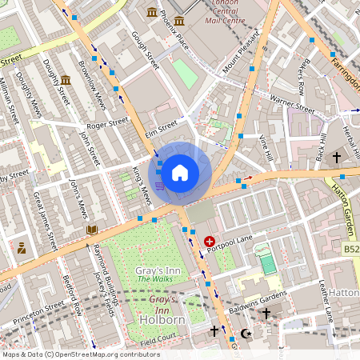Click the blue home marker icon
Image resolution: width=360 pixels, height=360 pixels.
[180, 172]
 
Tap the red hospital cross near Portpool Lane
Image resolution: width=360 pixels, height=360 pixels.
[210, 241]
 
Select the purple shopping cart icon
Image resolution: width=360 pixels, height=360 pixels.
[160, 186]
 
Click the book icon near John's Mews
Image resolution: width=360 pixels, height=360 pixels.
[92, 230]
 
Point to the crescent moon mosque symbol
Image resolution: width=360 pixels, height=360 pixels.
[246, 331]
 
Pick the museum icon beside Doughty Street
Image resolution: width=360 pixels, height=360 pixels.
[66, 80]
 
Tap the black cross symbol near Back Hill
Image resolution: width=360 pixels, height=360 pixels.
[337, 157]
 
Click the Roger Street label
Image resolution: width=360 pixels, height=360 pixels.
[107, 124]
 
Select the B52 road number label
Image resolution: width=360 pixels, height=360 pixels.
[350, 250]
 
